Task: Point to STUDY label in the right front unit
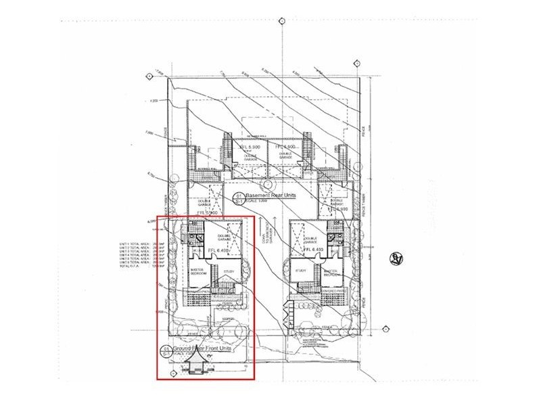(x=300, y=271)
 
